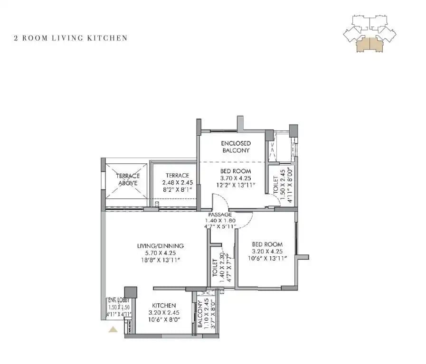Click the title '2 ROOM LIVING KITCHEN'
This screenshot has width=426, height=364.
tap(71, 38)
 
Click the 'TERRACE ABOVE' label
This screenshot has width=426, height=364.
tap(127, 179)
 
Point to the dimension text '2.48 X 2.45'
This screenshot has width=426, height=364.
tap(177, 182)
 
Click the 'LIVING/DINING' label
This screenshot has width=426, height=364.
tap(160, 246)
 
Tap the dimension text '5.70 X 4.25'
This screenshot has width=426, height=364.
tap(160, 253)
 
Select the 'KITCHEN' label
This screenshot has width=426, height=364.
tap(164, 306)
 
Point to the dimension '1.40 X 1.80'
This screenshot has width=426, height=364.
tap(219, 221)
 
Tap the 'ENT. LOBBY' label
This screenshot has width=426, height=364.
tap(119, 300)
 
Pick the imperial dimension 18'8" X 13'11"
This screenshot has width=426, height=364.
tap(160, 260)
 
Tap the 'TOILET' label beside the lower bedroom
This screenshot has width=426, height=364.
tap(215, 268)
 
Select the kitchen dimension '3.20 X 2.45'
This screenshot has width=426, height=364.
tap(164, 313)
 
